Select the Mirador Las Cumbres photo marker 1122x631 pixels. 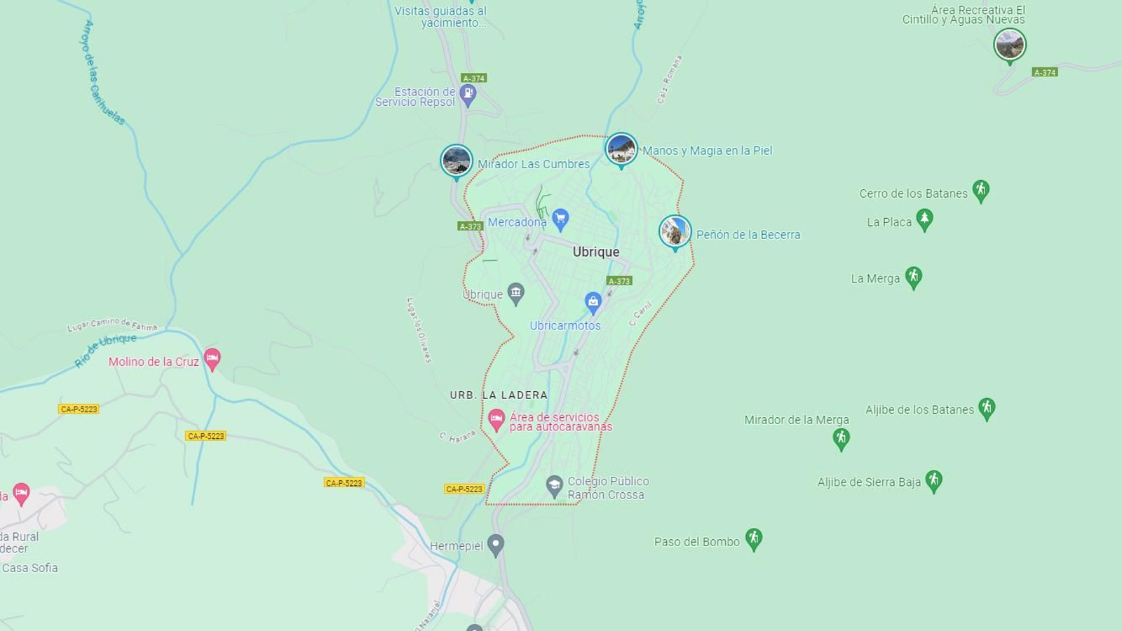pos(457,161)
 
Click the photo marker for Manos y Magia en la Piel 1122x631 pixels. pos(621,149)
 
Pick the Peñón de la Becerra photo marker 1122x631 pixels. pos(675,232)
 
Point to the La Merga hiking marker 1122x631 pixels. pos(913,277)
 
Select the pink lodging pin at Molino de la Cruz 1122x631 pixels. pos(212,359)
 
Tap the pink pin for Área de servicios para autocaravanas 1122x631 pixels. pos(496,420)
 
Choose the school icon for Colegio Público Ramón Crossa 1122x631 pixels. pos(555,485)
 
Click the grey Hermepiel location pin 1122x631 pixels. pos(496,545)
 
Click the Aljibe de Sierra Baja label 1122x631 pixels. pos(869,482)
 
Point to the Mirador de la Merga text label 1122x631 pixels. pos(797,420)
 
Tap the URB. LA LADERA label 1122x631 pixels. pos(499,395)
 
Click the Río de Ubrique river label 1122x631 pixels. pos(106,349)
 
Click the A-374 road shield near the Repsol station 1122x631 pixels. pos(474,79)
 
